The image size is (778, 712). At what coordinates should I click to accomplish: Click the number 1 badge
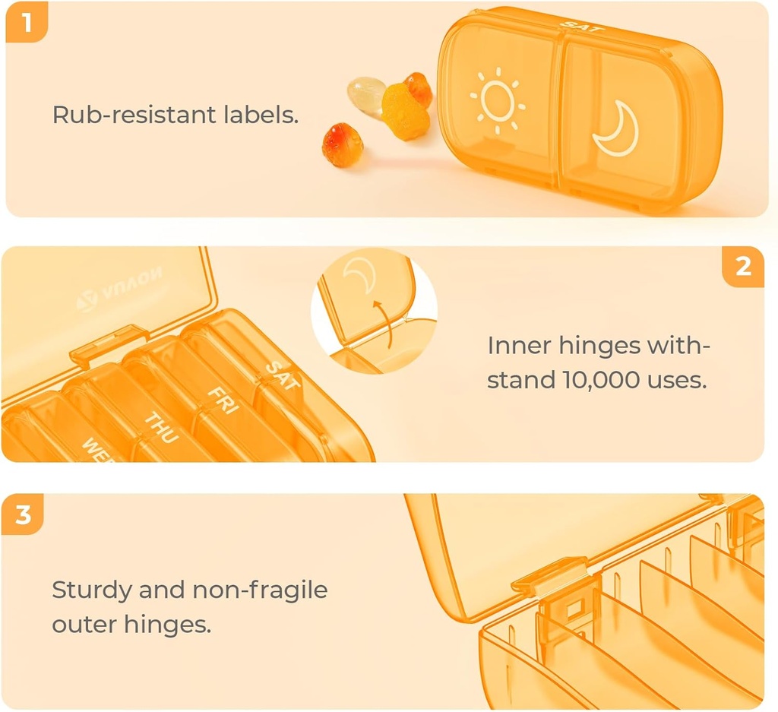(x=26, y=22)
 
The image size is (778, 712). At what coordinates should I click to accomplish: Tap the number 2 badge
(x=743, y=266)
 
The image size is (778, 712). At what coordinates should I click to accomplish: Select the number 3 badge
(x=24, y=514)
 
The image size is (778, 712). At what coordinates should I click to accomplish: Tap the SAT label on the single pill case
(x=582, y=27)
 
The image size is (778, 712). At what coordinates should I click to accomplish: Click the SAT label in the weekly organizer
(x=282, y=375)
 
